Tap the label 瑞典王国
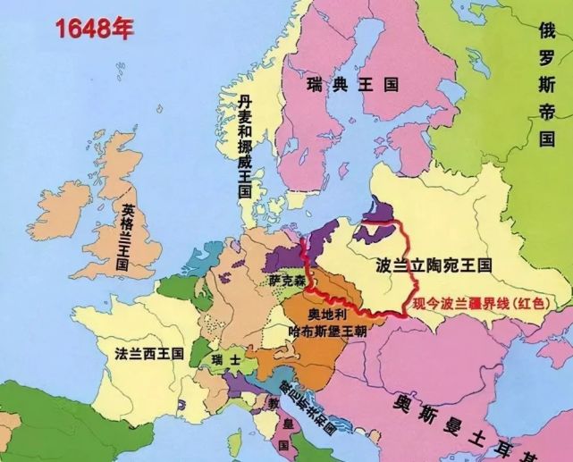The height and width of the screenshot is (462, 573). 351,85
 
